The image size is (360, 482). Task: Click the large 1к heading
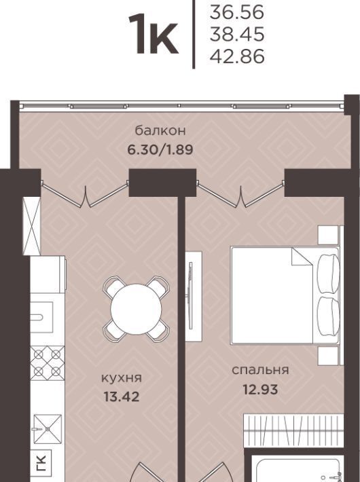(154, 35)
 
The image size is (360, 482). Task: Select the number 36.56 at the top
(237, 12)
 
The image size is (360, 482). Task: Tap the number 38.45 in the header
(237, 34)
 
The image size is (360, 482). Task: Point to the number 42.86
(237, 56)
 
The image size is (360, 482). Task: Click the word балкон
(160, 130)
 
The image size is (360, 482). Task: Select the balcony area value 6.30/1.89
(160, 150)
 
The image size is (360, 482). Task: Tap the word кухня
(122, 378)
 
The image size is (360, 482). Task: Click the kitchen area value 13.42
(122, 396)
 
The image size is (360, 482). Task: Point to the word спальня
(260, 370)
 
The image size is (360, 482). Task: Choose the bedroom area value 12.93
(260, 390)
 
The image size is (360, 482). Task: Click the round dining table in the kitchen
(136, 310)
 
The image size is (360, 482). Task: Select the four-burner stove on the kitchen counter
(48, 363)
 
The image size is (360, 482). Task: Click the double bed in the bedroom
(285, 295)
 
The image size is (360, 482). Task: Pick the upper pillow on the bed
(328, 274)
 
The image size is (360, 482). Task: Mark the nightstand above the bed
(328, 235)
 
